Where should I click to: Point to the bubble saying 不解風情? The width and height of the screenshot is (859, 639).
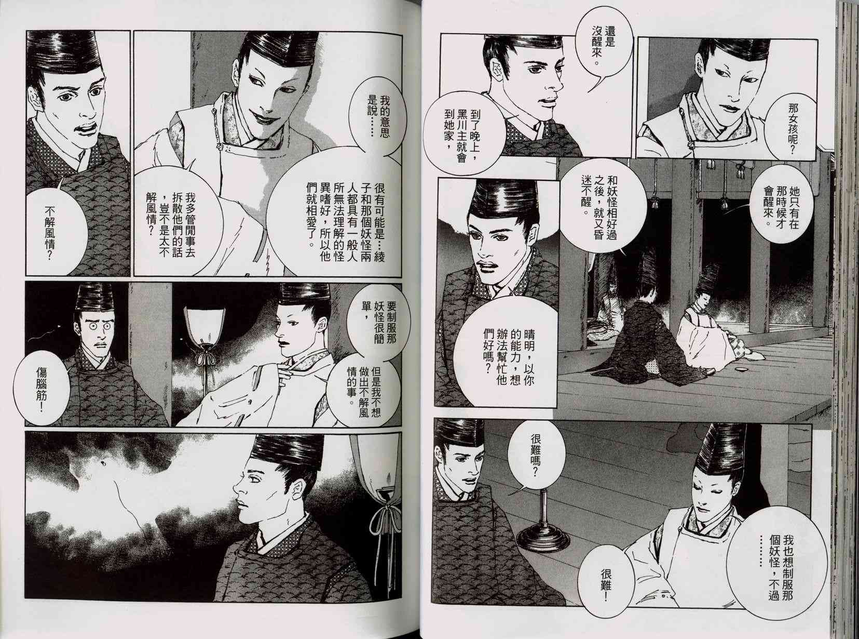pos(50,230)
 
